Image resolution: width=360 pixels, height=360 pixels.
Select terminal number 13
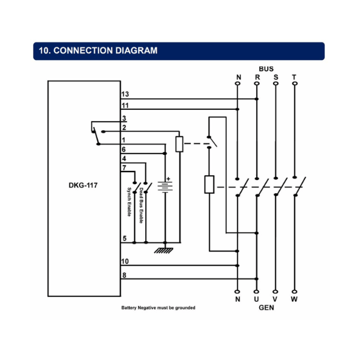coord(125,95)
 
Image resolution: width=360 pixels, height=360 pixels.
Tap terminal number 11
coord(125,105)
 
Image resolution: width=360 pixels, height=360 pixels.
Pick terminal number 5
coord(124,238)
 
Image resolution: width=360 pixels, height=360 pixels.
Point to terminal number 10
coord(125,261)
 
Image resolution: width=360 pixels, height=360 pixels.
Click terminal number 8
coord(124,275)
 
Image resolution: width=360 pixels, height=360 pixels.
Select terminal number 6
coord(124,149)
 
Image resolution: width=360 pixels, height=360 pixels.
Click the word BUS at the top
coord(266,69)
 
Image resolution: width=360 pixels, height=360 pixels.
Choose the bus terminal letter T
coord(293,77)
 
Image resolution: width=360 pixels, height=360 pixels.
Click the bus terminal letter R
coord(257,77)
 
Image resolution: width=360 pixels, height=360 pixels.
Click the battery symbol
coord(164,187)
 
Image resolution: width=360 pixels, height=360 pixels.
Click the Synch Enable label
coord(128,203)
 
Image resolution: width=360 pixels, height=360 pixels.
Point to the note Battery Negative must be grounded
coord(158,308)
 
